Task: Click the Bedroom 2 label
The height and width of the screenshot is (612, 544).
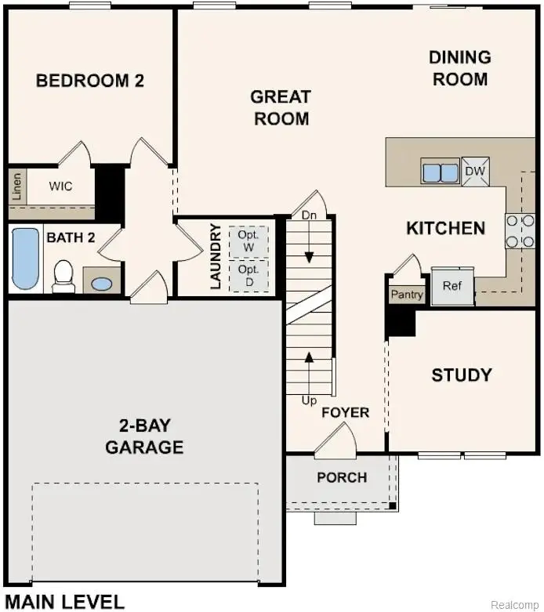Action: (x=90, y=80)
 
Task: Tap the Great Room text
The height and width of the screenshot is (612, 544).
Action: (x=280, y=107)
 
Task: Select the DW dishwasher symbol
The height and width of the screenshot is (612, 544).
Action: (x=475, y=172)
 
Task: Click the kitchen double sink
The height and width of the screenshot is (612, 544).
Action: (x=440, y=172)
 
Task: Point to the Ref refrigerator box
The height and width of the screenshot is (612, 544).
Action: (x=452, y=286)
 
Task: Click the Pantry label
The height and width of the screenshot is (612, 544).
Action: (x=407, y=295)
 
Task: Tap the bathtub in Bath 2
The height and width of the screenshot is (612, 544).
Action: (x=26, y=259)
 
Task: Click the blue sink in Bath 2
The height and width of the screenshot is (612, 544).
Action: (x=101, y=283)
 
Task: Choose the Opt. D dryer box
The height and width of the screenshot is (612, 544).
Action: (x=248, y=273)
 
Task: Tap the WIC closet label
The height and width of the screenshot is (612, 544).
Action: (x=60, y=186)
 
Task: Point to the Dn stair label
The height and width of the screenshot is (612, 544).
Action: (x=310, y=215)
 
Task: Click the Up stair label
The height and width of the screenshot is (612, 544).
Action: (x=310, y=400)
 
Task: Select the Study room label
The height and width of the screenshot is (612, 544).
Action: (x=462, y=375)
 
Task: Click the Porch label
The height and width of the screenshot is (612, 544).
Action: (x=342, y=477)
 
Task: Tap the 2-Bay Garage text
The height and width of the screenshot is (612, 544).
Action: (x=144, y=437)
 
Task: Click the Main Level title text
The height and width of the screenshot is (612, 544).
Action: (x=64, y=602)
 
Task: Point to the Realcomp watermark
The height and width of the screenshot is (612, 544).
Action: (x=515, y=605)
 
